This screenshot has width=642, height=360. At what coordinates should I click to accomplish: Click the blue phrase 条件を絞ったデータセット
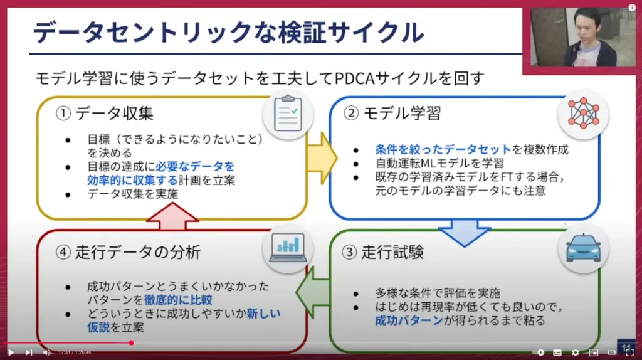[x=443, y=150]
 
